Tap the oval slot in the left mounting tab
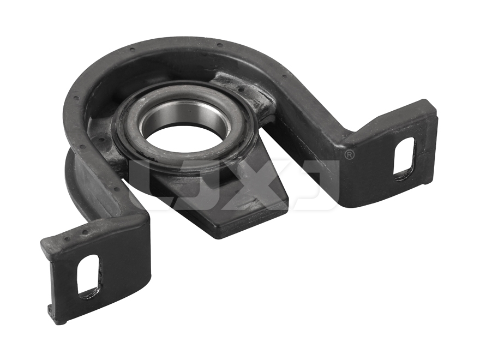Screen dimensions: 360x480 point(88,275)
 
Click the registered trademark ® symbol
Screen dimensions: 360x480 point(349,155)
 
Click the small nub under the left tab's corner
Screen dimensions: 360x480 point(51,313)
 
